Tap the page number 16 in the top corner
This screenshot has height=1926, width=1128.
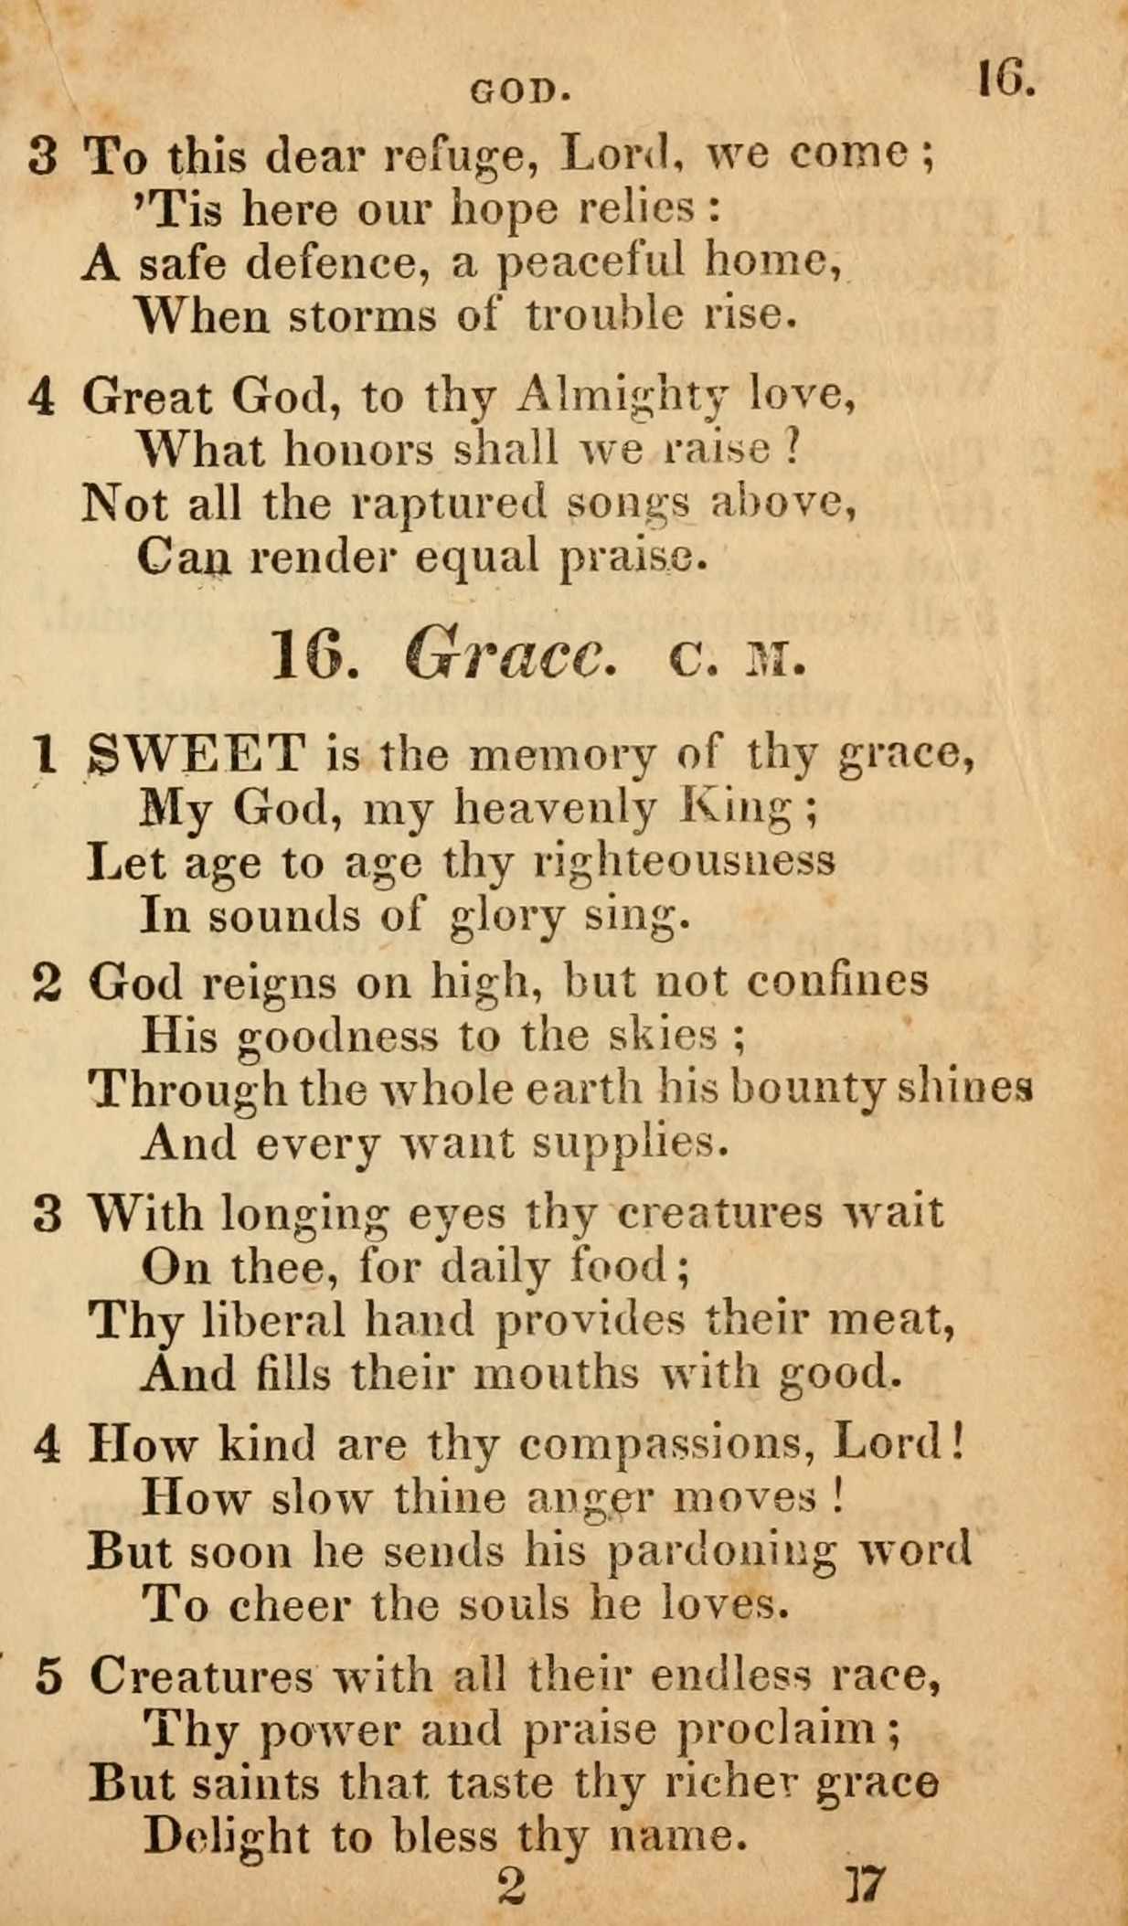pos(1005,79)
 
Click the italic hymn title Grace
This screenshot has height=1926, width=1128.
pos(506,654)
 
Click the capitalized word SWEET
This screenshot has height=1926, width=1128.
pos(197,754)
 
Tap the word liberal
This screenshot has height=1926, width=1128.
pos(272,1319)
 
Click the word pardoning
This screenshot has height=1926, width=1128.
pos(722,1552)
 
